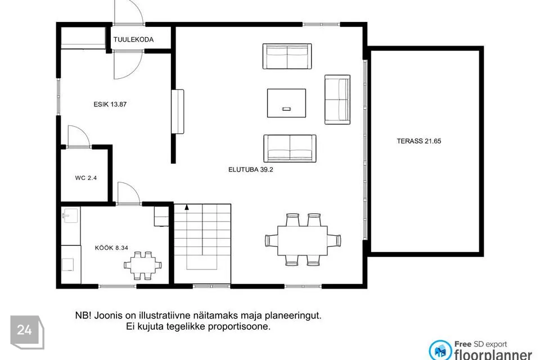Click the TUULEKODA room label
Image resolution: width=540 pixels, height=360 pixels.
pyautogui.click(x=134, y=39)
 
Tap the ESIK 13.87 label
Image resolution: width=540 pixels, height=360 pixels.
pyautogui.click(x=110, y=105)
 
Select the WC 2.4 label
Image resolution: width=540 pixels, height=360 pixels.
pyautogui.click(x=85, y=178)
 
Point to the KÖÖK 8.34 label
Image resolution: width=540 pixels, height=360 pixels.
pyautogui.click(x=111, y=247)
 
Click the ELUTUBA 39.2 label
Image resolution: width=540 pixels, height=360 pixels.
pyautogui.click(x=251, y=169)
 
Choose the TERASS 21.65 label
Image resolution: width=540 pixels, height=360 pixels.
pyautogui.click(x=418, y=141)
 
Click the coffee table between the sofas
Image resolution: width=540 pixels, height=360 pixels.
pyautogui.click(x=286, y=103)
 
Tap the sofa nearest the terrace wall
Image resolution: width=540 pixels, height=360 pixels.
pyautogui.click(x=337, y=100)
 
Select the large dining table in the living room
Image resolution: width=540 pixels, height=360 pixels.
pyautogui.click(x=303, y=240)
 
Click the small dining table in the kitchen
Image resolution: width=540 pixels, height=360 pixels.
pyautogui.click(x=143, y=265)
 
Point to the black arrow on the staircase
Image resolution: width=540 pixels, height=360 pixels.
pyautogui.click(x=187, y=207)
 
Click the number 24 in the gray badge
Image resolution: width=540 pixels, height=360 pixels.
pyautogui.click(x=24, y=330)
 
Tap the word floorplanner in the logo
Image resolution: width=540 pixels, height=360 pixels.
pyautogui.click(x=493, y=354)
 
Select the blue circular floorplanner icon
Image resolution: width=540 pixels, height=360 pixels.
pyautogui.click(x=440, y=350)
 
